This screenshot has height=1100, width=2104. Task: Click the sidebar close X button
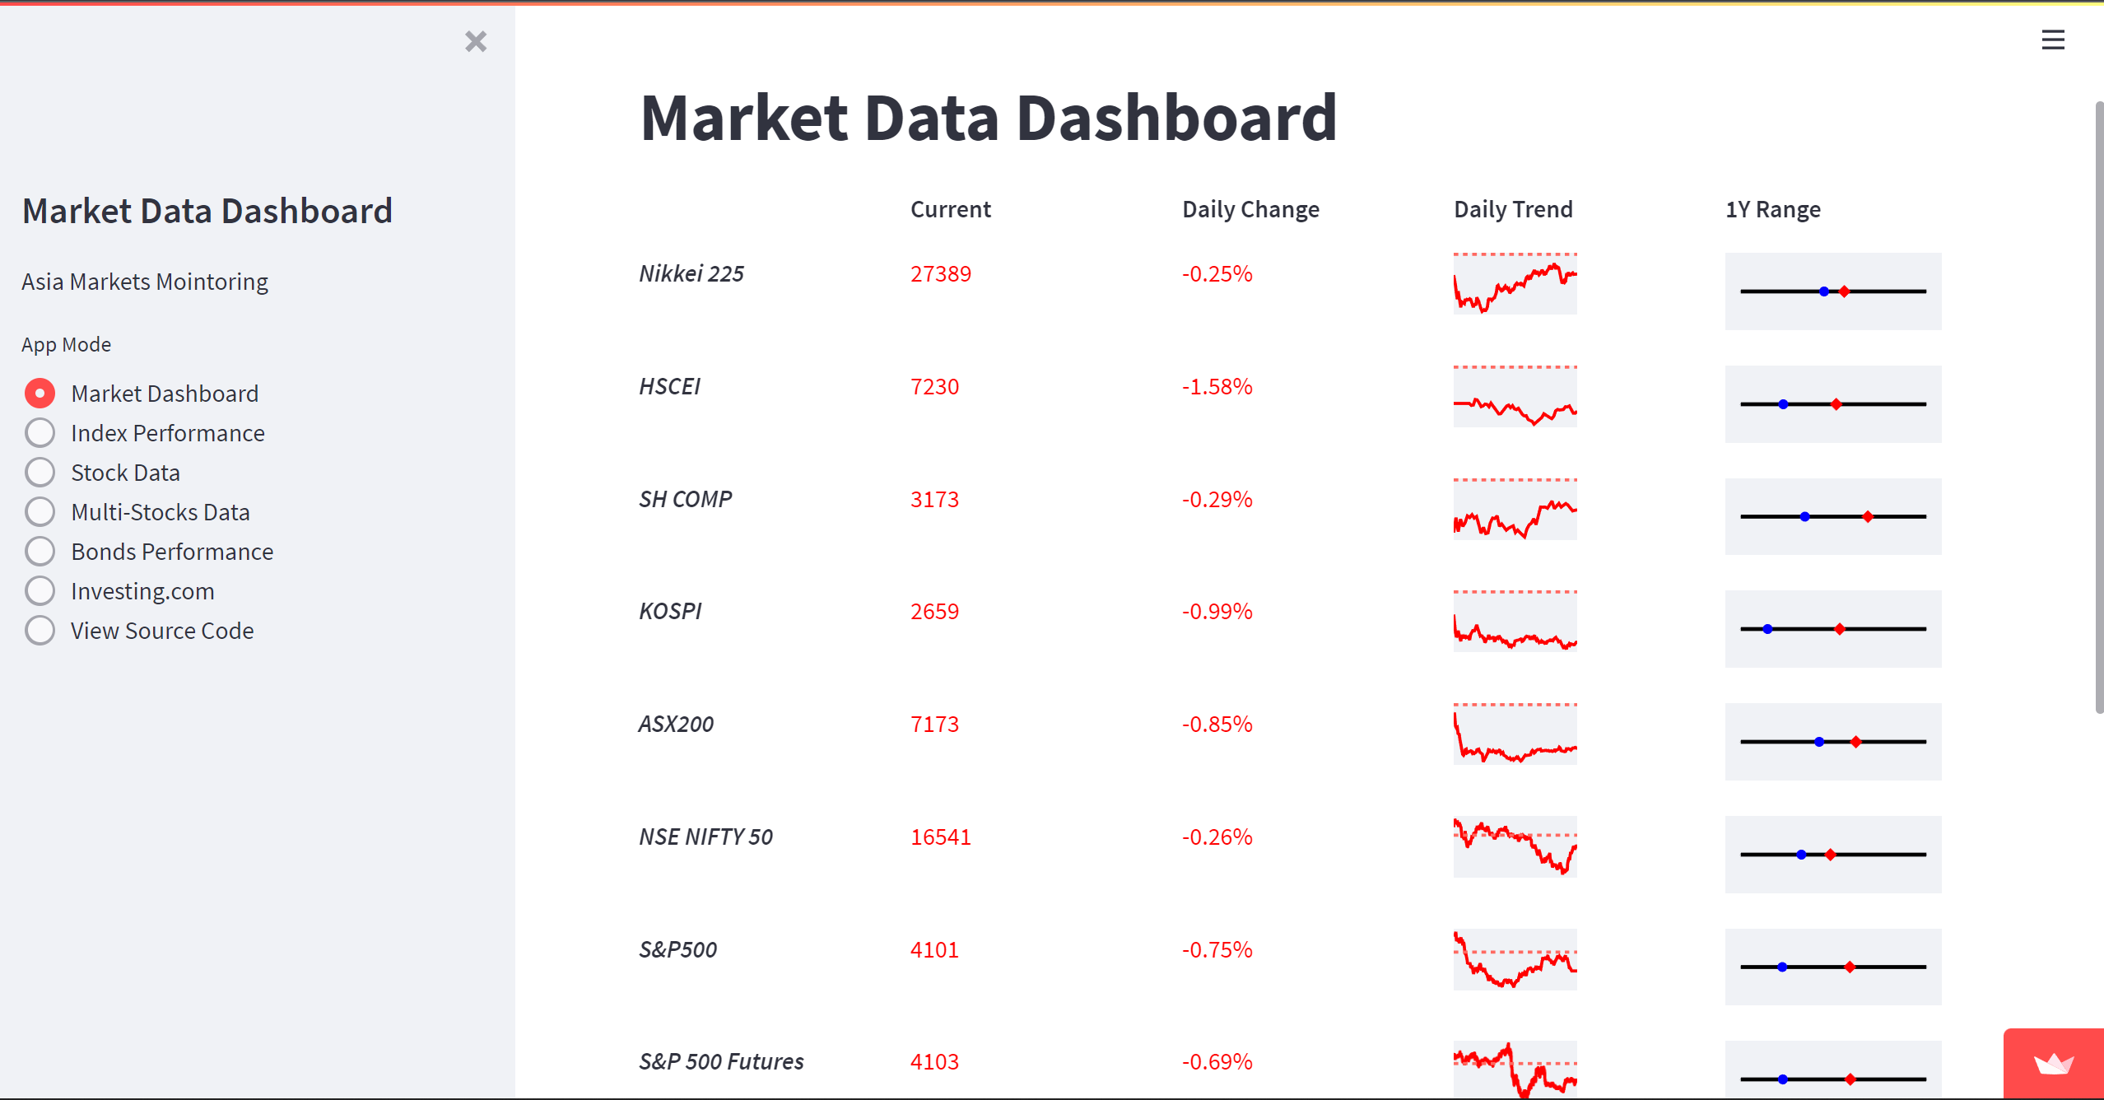(476, 41)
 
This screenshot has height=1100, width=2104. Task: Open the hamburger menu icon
(2053, 40)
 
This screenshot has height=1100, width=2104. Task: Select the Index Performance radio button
(40, 433)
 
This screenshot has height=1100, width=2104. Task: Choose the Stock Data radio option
(40, 473)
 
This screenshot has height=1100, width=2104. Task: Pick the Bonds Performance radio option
(40, 552)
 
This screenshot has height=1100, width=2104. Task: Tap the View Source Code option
(40, 631)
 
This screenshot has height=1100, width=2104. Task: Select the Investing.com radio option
(40, 591)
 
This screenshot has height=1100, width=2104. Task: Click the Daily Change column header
(1250, 209)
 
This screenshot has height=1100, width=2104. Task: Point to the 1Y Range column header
(1772, 209)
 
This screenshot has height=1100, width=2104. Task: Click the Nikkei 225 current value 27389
(940, 273)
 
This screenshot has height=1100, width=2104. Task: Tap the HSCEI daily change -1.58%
(1217, 386)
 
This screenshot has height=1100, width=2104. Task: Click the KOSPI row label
(670, 611)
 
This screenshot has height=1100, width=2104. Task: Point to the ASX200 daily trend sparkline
(1515, 734)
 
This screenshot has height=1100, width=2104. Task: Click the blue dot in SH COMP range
(1804, 517)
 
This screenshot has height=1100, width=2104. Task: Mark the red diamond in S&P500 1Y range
(1850, 967)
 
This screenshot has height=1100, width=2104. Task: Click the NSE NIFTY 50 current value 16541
(940, 837)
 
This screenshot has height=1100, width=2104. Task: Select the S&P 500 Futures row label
(721, 1061)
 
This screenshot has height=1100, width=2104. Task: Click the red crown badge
(2053, 1064)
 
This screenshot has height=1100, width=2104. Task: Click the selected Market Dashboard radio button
(40, 394)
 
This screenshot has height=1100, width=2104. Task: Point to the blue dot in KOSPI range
(1767, 629)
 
